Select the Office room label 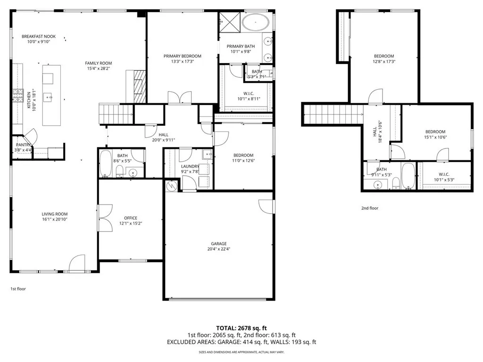coord(130,218)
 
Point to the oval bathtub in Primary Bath coord(256,22)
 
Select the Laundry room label coord(190,166)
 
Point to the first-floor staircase coord(116,114)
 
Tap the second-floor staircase coord(333,115)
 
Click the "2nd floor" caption coord(370,208)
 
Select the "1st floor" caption coord(18,288)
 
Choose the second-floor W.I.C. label coord(443,174)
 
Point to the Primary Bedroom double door coord(180,98)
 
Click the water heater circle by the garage coord(171,186)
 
